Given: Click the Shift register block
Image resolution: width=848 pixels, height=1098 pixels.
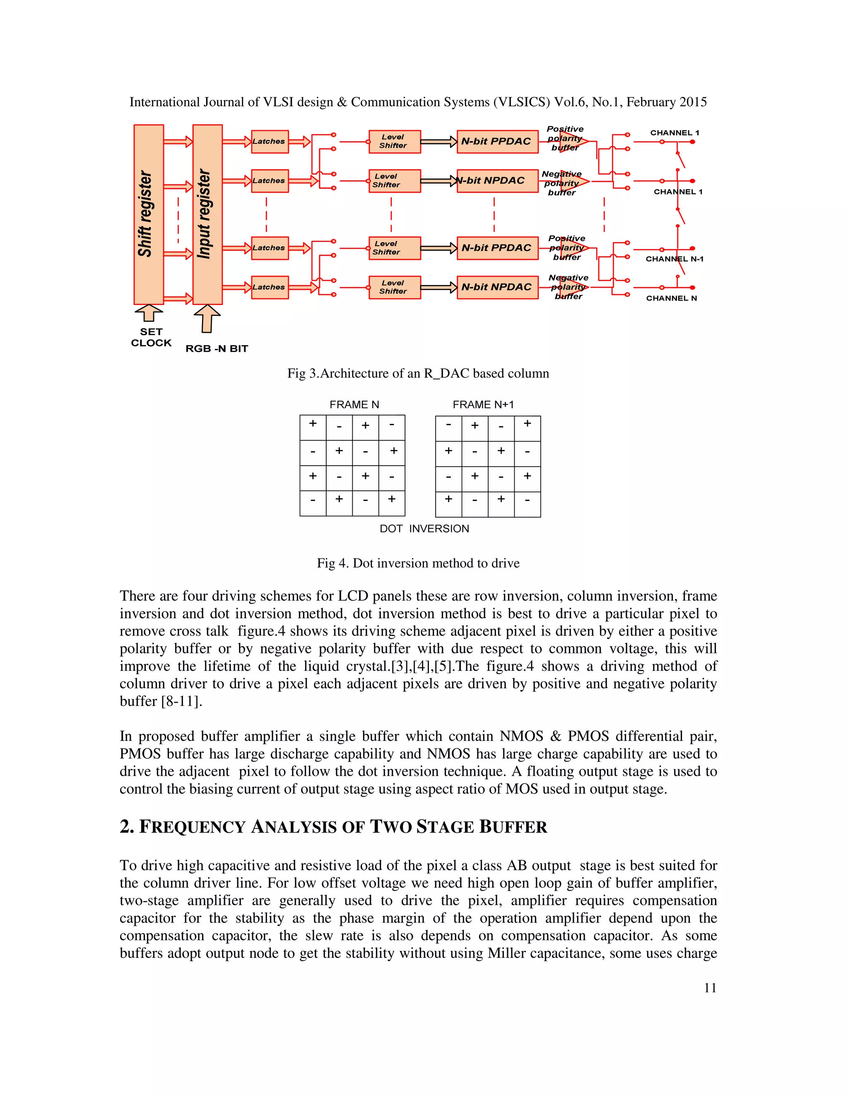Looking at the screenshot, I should pos(148,214).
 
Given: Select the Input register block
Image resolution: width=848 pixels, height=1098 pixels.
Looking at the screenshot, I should pos(207,214).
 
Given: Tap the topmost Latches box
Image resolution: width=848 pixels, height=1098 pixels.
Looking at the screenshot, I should pos(270,141).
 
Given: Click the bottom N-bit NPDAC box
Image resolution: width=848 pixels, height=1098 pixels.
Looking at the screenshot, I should pos(497,287).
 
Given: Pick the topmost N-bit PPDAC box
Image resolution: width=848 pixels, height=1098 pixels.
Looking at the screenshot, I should pos(497,141).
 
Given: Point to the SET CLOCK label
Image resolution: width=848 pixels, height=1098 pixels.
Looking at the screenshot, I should pos(151,337).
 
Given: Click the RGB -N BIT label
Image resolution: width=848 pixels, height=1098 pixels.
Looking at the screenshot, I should pos(217,348).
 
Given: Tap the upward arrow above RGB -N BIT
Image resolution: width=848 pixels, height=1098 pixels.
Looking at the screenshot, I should pos(207,319).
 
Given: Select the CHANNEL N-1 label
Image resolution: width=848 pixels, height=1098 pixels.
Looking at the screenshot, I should pos(674,259).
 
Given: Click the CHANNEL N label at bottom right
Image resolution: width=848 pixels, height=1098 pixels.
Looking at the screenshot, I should pos(671,298).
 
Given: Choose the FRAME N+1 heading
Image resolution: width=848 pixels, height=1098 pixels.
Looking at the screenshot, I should pos(483,405).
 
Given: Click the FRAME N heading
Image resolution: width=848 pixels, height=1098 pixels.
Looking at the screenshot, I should pos(354,405).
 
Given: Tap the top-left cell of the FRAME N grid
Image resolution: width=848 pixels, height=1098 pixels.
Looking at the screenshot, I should pos(313,427).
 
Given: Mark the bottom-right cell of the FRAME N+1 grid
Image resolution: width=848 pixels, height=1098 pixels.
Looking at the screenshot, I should pos(527,504).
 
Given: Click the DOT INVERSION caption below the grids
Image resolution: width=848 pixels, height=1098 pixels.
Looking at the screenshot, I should pos(424,528).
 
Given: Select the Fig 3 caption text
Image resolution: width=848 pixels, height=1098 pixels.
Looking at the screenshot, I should pos(417,374).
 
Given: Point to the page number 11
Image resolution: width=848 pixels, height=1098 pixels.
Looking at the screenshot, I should pos(710,988).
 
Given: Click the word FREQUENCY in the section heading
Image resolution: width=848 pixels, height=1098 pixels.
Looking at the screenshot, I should pos(192,827).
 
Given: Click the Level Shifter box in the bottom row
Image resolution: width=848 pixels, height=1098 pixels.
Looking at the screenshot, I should pos(394,287).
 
